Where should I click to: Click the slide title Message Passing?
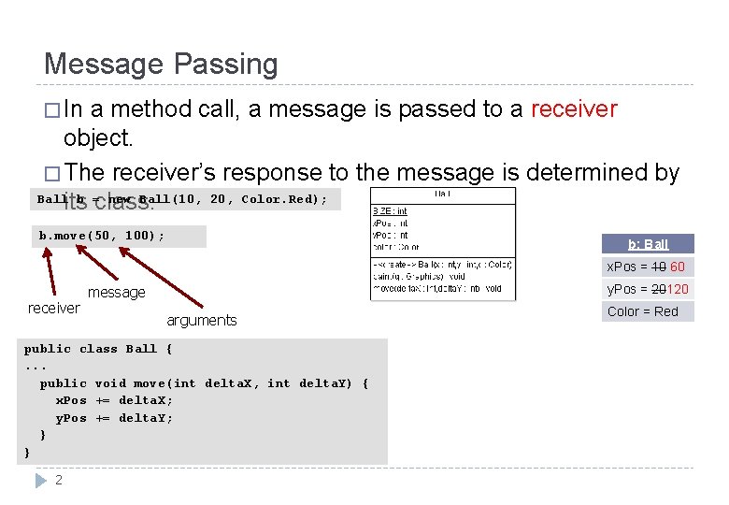161,65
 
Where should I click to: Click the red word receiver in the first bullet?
574,109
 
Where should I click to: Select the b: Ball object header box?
648,244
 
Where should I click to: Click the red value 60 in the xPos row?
678,267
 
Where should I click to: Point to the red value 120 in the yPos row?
678,289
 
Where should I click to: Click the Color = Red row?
643,311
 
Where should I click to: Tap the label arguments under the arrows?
201,320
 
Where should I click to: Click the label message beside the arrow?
117,293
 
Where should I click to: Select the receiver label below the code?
53,308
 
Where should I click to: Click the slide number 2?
59,480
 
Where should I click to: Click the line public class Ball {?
98,349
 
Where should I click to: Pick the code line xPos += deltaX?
114,400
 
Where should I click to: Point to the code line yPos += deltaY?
114,418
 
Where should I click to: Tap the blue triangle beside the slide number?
40,480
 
